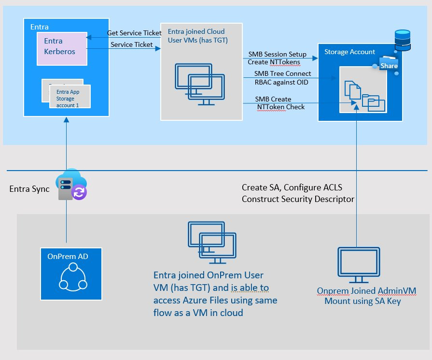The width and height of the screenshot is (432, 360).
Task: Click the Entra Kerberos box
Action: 62,47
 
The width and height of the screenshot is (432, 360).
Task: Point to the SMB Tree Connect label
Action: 283,73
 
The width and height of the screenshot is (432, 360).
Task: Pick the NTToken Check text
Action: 280,107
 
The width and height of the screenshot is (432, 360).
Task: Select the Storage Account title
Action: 349,52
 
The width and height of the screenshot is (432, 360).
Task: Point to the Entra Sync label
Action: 29,188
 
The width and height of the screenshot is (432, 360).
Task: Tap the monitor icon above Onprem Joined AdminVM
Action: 358,265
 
